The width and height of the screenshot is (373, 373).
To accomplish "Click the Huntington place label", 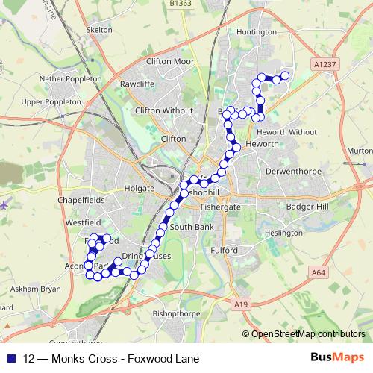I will pyautogui.click(x=256, y=32).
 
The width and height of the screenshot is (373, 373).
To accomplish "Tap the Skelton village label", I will pyautogui.click(x=99, y=29).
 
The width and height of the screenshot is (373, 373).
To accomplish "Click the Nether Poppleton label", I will pyautogui.click(x=70, y=78).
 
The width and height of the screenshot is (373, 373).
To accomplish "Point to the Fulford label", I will pyautogui.click(x=223, y=251).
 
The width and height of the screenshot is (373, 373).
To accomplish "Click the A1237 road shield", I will pyautogui.click(x=325, y=66).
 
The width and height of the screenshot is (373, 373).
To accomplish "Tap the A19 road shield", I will pyautogui.click(x=239, y=304).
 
